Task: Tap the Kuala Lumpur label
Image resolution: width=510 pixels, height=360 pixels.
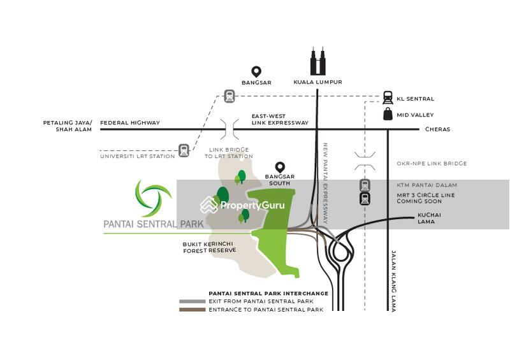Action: coord(317,82)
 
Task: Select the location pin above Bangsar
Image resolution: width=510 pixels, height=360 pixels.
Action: coord(256,71)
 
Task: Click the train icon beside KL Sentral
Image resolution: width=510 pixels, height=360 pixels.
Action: coord(388,97)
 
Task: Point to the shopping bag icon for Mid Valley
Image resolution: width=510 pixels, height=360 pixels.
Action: coord(388,114)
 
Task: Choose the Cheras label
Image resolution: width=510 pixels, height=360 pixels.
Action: coord(437,129)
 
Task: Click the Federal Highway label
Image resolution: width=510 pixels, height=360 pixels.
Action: coord(130,122)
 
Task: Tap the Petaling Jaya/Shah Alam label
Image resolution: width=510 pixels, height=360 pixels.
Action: coord(68,126)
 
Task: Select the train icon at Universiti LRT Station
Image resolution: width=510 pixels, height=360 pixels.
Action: coord(184,150)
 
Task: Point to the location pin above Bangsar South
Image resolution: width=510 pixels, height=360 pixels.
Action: coord(279,167)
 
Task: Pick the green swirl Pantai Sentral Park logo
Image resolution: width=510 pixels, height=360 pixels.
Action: coord(153,198)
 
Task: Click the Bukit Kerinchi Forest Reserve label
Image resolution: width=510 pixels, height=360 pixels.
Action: coord(210,247)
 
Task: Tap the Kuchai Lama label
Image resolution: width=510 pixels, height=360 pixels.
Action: coord(429,218)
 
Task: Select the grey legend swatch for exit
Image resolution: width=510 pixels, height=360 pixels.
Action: coord(192,301)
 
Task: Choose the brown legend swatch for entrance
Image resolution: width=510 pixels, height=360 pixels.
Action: coord(192,310)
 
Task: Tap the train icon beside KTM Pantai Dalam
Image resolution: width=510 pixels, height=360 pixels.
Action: coord(365,185)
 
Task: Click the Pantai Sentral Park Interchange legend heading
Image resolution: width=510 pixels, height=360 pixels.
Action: coord(268,293)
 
